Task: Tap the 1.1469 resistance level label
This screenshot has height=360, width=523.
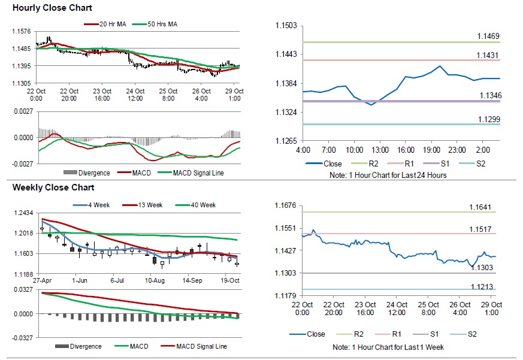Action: click(x=488, y=37)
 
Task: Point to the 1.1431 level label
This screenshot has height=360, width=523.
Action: click(x=488, y=55)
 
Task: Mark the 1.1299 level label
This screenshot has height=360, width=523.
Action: click(x=488, y=120)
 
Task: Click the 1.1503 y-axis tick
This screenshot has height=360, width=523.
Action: click(x=286, y=25)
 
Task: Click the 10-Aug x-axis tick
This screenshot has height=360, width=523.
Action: click(x=155, y=280)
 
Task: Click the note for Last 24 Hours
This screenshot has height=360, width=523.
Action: click(x=388, y=175)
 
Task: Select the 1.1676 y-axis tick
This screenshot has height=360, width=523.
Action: click(x=286, y=205)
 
